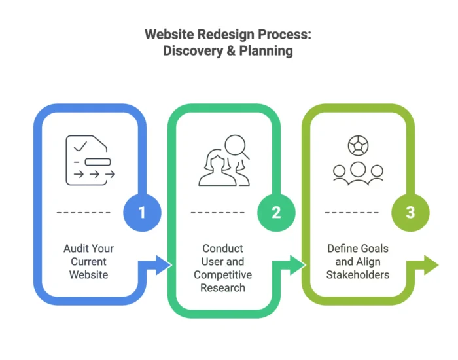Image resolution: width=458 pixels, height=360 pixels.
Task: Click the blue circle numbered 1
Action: pos(143,212)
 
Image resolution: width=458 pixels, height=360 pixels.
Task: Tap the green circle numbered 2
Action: pos(276,212)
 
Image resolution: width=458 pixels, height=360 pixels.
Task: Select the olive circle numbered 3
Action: pos(410,212)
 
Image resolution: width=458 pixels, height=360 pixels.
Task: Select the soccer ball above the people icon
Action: pos(357,145)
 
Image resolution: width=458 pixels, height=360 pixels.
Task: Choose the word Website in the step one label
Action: pos(89,274)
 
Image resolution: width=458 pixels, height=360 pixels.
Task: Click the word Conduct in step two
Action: pos(222,249)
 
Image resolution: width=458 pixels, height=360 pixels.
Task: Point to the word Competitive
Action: pos(222,274)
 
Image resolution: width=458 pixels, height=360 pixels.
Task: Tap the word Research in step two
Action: pos(222,287)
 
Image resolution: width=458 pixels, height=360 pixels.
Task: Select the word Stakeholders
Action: pos(357,274)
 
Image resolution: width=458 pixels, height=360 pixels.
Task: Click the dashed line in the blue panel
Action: pos(84,213)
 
